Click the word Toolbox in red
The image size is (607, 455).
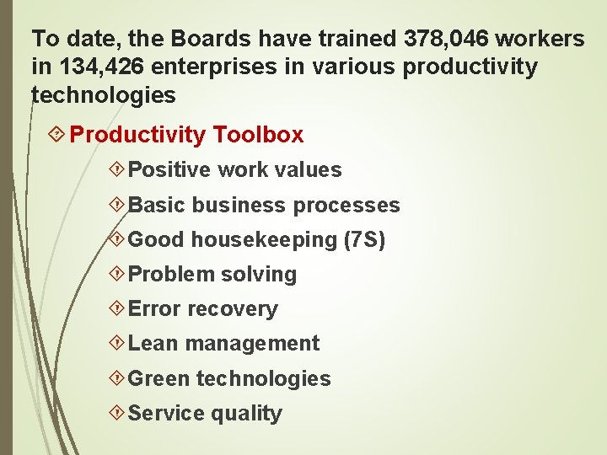pos(259,135)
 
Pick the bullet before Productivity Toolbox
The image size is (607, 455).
pos(58,134)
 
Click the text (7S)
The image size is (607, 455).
pos(364,240)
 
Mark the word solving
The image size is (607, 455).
pos(259,275)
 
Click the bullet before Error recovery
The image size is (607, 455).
pos(118,309)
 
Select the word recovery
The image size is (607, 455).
pos(233,309)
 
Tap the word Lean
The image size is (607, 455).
pos(153,344)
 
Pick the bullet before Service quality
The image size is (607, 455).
pos(118,413)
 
